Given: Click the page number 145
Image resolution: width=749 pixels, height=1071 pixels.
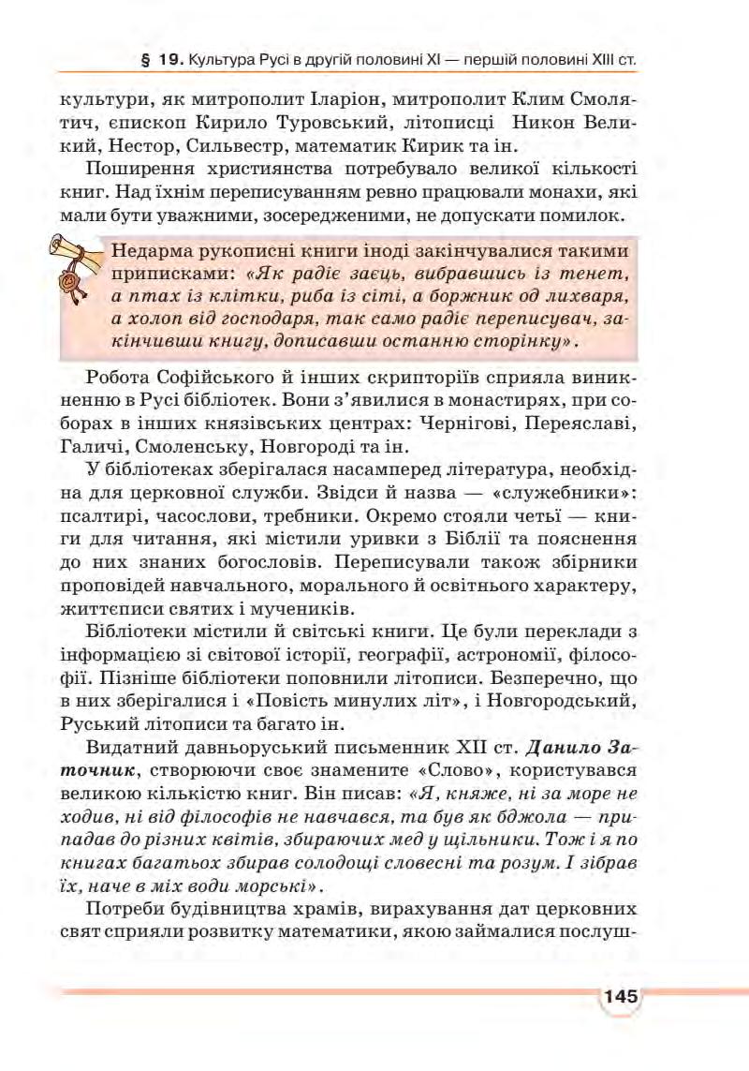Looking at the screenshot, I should (620, 995).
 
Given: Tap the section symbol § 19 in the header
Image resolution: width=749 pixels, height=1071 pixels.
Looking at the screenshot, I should (157, 60).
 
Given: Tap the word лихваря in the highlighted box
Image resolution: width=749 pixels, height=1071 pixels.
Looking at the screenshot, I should (586, 296).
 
